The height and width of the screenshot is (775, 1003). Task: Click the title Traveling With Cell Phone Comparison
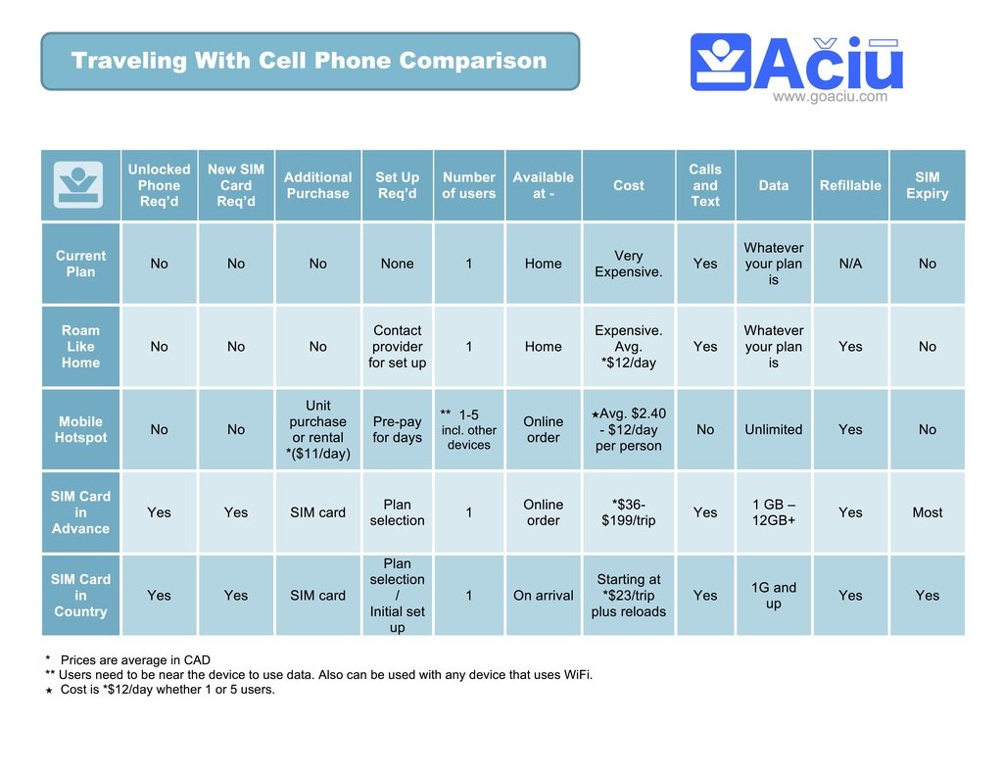coord(309,61)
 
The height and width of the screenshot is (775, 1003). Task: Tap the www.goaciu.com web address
coord(830,96)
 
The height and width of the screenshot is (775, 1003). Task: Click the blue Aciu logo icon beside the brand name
coord(720,63)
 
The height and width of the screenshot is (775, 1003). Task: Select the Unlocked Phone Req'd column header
coord(159,185)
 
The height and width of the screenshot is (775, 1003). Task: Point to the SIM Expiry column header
coord(927,185)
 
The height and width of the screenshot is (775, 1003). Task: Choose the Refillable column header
coord(850,185)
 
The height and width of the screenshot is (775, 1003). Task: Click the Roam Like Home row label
coord(80,347)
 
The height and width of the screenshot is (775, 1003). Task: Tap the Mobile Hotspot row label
coord(80,429)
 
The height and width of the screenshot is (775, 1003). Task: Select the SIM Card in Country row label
coord(80,595)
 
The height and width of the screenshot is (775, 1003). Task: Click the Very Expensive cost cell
coord(628,264)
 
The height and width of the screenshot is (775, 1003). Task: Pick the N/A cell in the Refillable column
coord(850,264)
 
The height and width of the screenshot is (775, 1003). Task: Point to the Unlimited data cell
coord(773,429)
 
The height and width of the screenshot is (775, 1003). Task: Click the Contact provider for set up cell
coord(397,347)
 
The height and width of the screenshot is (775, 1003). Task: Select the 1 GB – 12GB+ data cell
coord(773,512)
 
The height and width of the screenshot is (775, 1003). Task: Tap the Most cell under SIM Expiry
coord(927,512)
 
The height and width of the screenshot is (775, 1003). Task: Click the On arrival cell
coord(543,595)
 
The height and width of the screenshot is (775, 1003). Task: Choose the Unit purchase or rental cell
coord(317,429)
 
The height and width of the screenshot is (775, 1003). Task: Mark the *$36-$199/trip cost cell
coord(628,512)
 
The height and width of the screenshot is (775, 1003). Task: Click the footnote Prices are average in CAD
coord(135,660)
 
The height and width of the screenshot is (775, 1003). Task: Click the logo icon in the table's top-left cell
coord(79,184)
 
